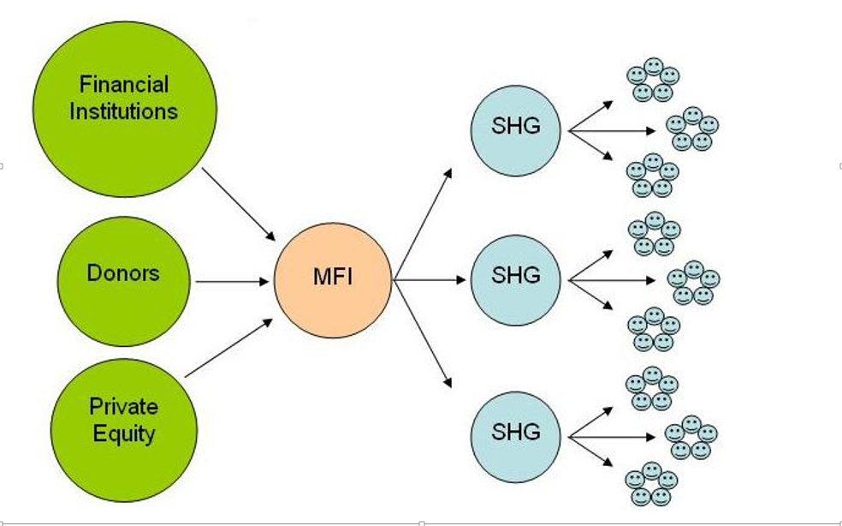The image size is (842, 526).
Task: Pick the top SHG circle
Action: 516,129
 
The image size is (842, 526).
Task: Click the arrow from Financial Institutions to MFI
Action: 239,204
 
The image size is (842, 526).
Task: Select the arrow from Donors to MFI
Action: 232,281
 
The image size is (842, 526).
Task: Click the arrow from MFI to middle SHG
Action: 431,280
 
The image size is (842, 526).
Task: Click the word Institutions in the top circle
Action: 124,111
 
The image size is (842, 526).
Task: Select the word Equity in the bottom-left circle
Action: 124,433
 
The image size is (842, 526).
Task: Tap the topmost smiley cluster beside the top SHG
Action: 653,80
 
